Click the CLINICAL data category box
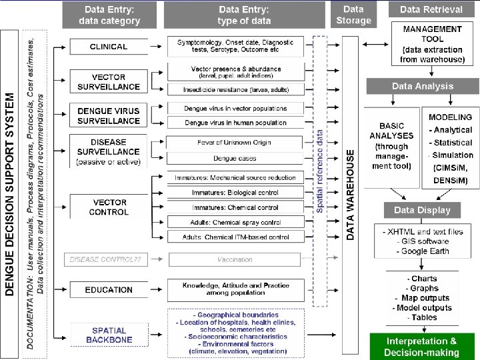tap(109, 47)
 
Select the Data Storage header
tap(353, 15)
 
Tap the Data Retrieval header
tap(431, 10)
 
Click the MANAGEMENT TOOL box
tap(432, 45)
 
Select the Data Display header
tap(422, 210)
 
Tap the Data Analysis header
tap(422, 86)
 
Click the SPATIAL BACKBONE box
tap(109, 335)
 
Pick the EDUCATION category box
tap(109, 289)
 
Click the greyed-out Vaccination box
tap(235, 259)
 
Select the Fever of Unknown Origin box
tap(235, 143)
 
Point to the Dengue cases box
tap(235, 158)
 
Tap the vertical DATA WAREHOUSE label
tap(351, 194)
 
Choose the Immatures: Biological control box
tap(235, 193)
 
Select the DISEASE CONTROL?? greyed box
tap(109, 259)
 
